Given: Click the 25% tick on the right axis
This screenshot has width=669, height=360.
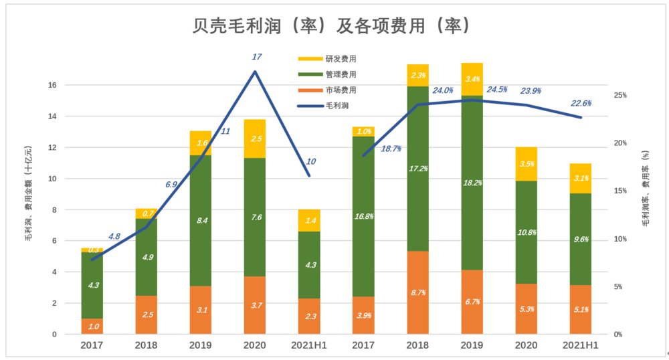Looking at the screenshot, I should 620,96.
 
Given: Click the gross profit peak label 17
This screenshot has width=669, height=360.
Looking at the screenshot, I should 256,56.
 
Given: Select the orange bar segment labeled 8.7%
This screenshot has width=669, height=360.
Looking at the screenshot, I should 418,292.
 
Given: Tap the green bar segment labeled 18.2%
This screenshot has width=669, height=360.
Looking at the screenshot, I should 472,182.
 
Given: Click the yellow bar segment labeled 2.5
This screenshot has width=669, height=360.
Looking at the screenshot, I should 255,139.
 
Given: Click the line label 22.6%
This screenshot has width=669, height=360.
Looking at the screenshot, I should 581,103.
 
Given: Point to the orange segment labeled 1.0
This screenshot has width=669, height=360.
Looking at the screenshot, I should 92,326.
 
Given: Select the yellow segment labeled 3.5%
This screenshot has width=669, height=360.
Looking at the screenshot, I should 527,164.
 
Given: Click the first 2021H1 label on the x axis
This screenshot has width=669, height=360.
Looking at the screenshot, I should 309,345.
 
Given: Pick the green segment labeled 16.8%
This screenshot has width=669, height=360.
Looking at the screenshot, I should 364,216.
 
